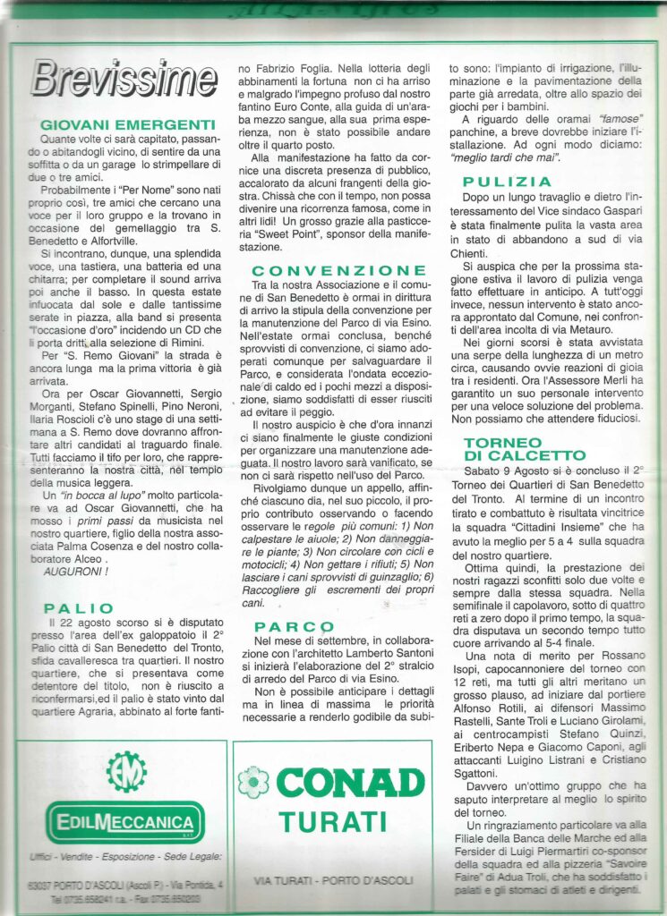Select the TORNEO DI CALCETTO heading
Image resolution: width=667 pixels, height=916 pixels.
[x=524, y=449]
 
